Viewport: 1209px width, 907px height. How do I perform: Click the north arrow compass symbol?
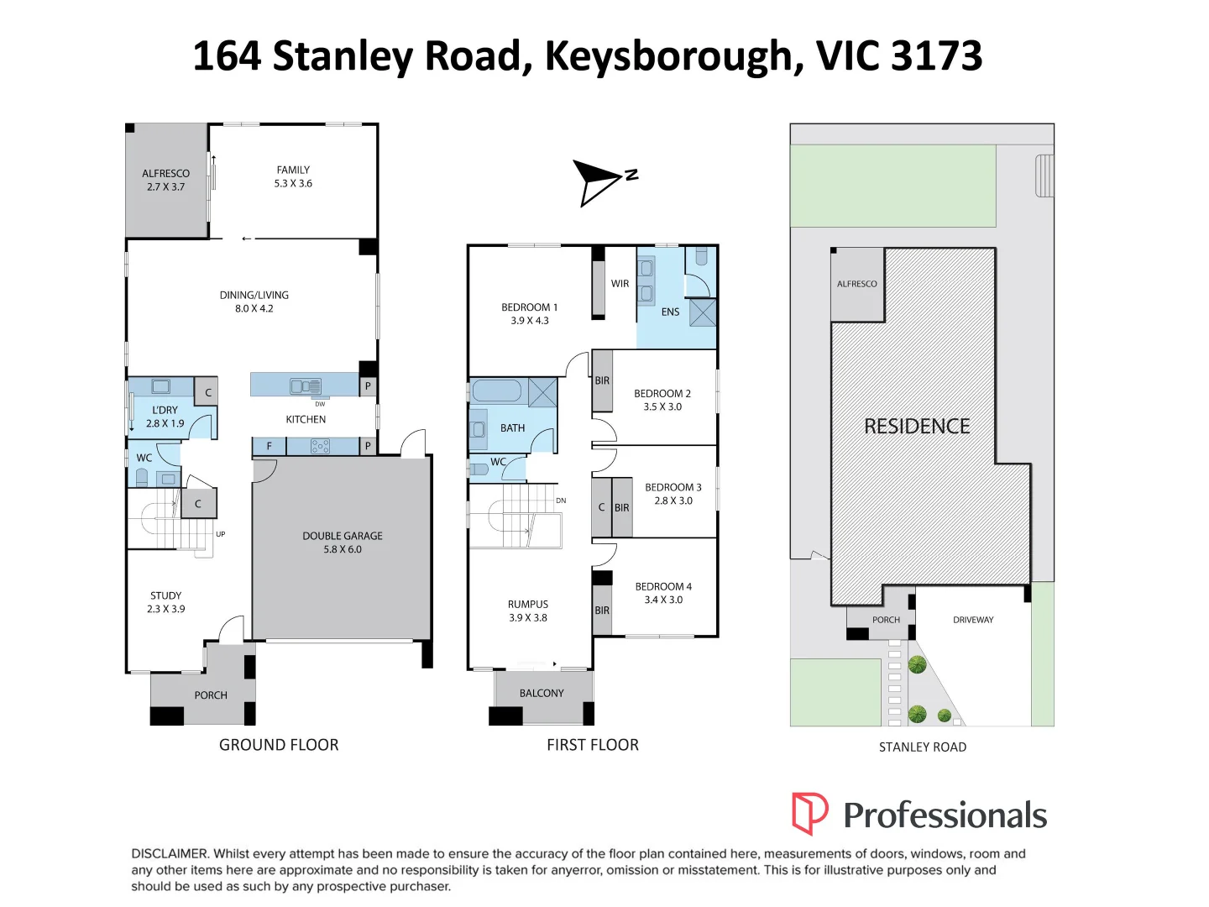(x=598, y=181)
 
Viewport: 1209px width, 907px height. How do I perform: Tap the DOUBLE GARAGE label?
(x=343, y=536)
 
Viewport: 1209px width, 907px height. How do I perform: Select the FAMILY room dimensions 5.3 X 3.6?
(x=293, y=184)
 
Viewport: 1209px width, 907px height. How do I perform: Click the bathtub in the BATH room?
(x=497, y=391)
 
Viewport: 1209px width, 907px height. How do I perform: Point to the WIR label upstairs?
(x=620, y=284)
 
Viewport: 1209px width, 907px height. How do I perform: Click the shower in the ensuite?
(x=703, y=312)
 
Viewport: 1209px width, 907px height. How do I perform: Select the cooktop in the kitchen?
(x=320, y=447)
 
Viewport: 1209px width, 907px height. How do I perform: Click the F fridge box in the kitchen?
(x=269, y=447)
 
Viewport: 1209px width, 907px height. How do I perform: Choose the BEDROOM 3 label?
(x=673, y=487)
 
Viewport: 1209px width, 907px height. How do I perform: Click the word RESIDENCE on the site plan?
(x=917, y=427)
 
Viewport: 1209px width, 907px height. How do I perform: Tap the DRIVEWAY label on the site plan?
(x=973, y=620)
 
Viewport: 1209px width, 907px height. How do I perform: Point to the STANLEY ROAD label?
(x=922, y=747)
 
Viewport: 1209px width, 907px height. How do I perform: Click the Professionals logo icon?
(x=809, y=813)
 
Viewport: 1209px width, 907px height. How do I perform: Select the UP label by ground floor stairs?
(x=221, y=534)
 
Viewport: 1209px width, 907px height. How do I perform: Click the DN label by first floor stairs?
(x=561, y=501)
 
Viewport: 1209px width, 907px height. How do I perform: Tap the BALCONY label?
(x=542, y=694)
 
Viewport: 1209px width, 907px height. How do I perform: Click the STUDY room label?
(x=165, y=595)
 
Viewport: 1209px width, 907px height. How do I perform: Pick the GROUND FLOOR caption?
(x=279, y=745)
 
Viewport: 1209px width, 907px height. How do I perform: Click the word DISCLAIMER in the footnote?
(x=169, y=854)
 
